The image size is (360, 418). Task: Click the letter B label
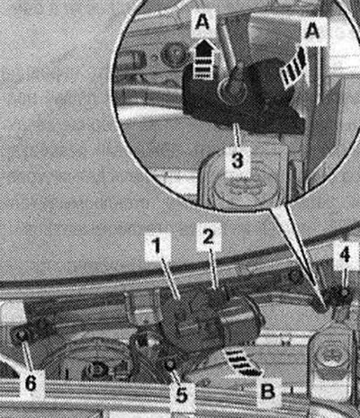(x=266, y=391)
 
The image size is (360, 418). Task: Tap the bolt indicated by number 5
(x=170, y=362)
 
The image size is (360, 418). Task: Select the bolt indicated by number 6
(x=22, y=336)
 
